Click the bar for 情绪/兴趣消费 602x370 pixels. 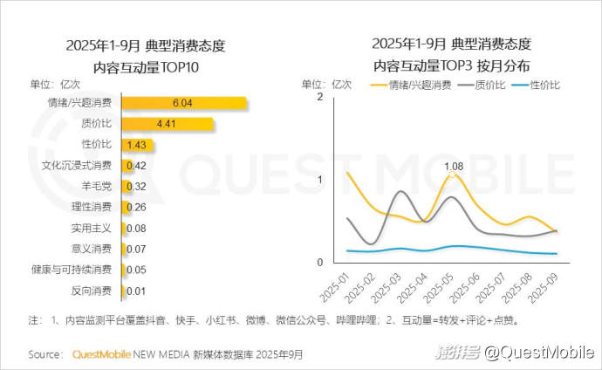pyautogui.click(x=183, y=103)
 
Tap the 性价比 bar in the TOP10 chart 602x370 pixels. pyautogui.click(x=133, y=145)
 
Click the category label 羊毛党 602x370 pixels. pyautogui.click(x=96, y=186)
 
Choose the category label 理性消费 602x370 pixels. pyautogui.click(x=91, y=207)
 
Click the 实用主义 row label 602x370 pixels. pyautogui.click(x=91, y=228)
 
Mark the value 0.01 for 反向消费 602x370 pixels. pyautogui.click(x=135, y=291)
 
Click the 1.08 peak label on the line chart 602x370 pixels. pyautogui.click(x=454, y=166)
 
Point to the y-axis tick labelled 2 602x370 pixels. pyautogui.click(x=320, y=97)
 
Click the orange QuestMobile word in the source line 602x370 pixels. pyautogui.click(x=101, y=354)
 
